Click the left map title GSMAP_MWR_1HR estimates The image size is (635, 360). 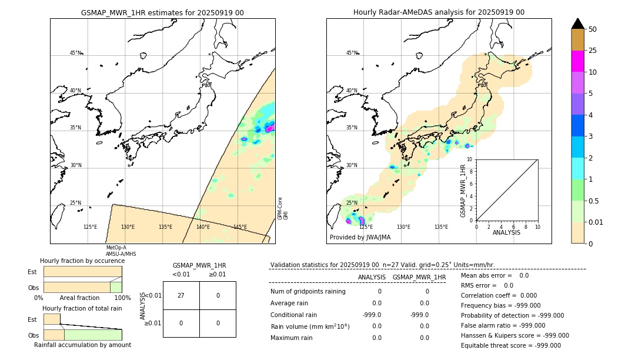[162, 12]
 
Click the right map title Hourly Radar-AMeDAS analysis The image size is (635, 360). [439, 12]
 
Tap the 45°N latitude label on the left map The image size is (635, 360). [76, 53]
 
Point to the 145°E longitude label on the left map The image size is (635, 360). [240, 227]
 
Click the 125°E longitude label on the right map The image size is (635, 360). [366, 227]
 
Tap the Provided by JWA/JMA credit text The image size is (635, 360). [360, 238]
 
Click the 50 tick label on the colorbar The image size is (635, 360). [593, 29]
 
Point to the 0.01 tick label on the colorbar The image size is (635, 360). [596, 222]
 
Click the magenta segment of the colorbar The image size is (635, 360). [577, 61]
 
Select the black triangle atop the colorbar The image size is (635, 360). [577, 24]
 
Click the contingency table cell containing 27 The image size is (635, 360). [181, 295]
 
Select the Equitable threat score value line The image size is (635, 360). [510, 345]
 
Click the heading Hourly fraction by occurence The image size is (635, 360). [82, 261]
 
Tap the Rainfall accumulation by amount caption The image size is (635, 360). [82, 345]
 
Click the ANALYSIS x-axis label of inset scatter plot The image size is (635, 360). [507, 232]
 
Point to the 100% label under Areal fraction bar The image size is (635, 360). [122, 298]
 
